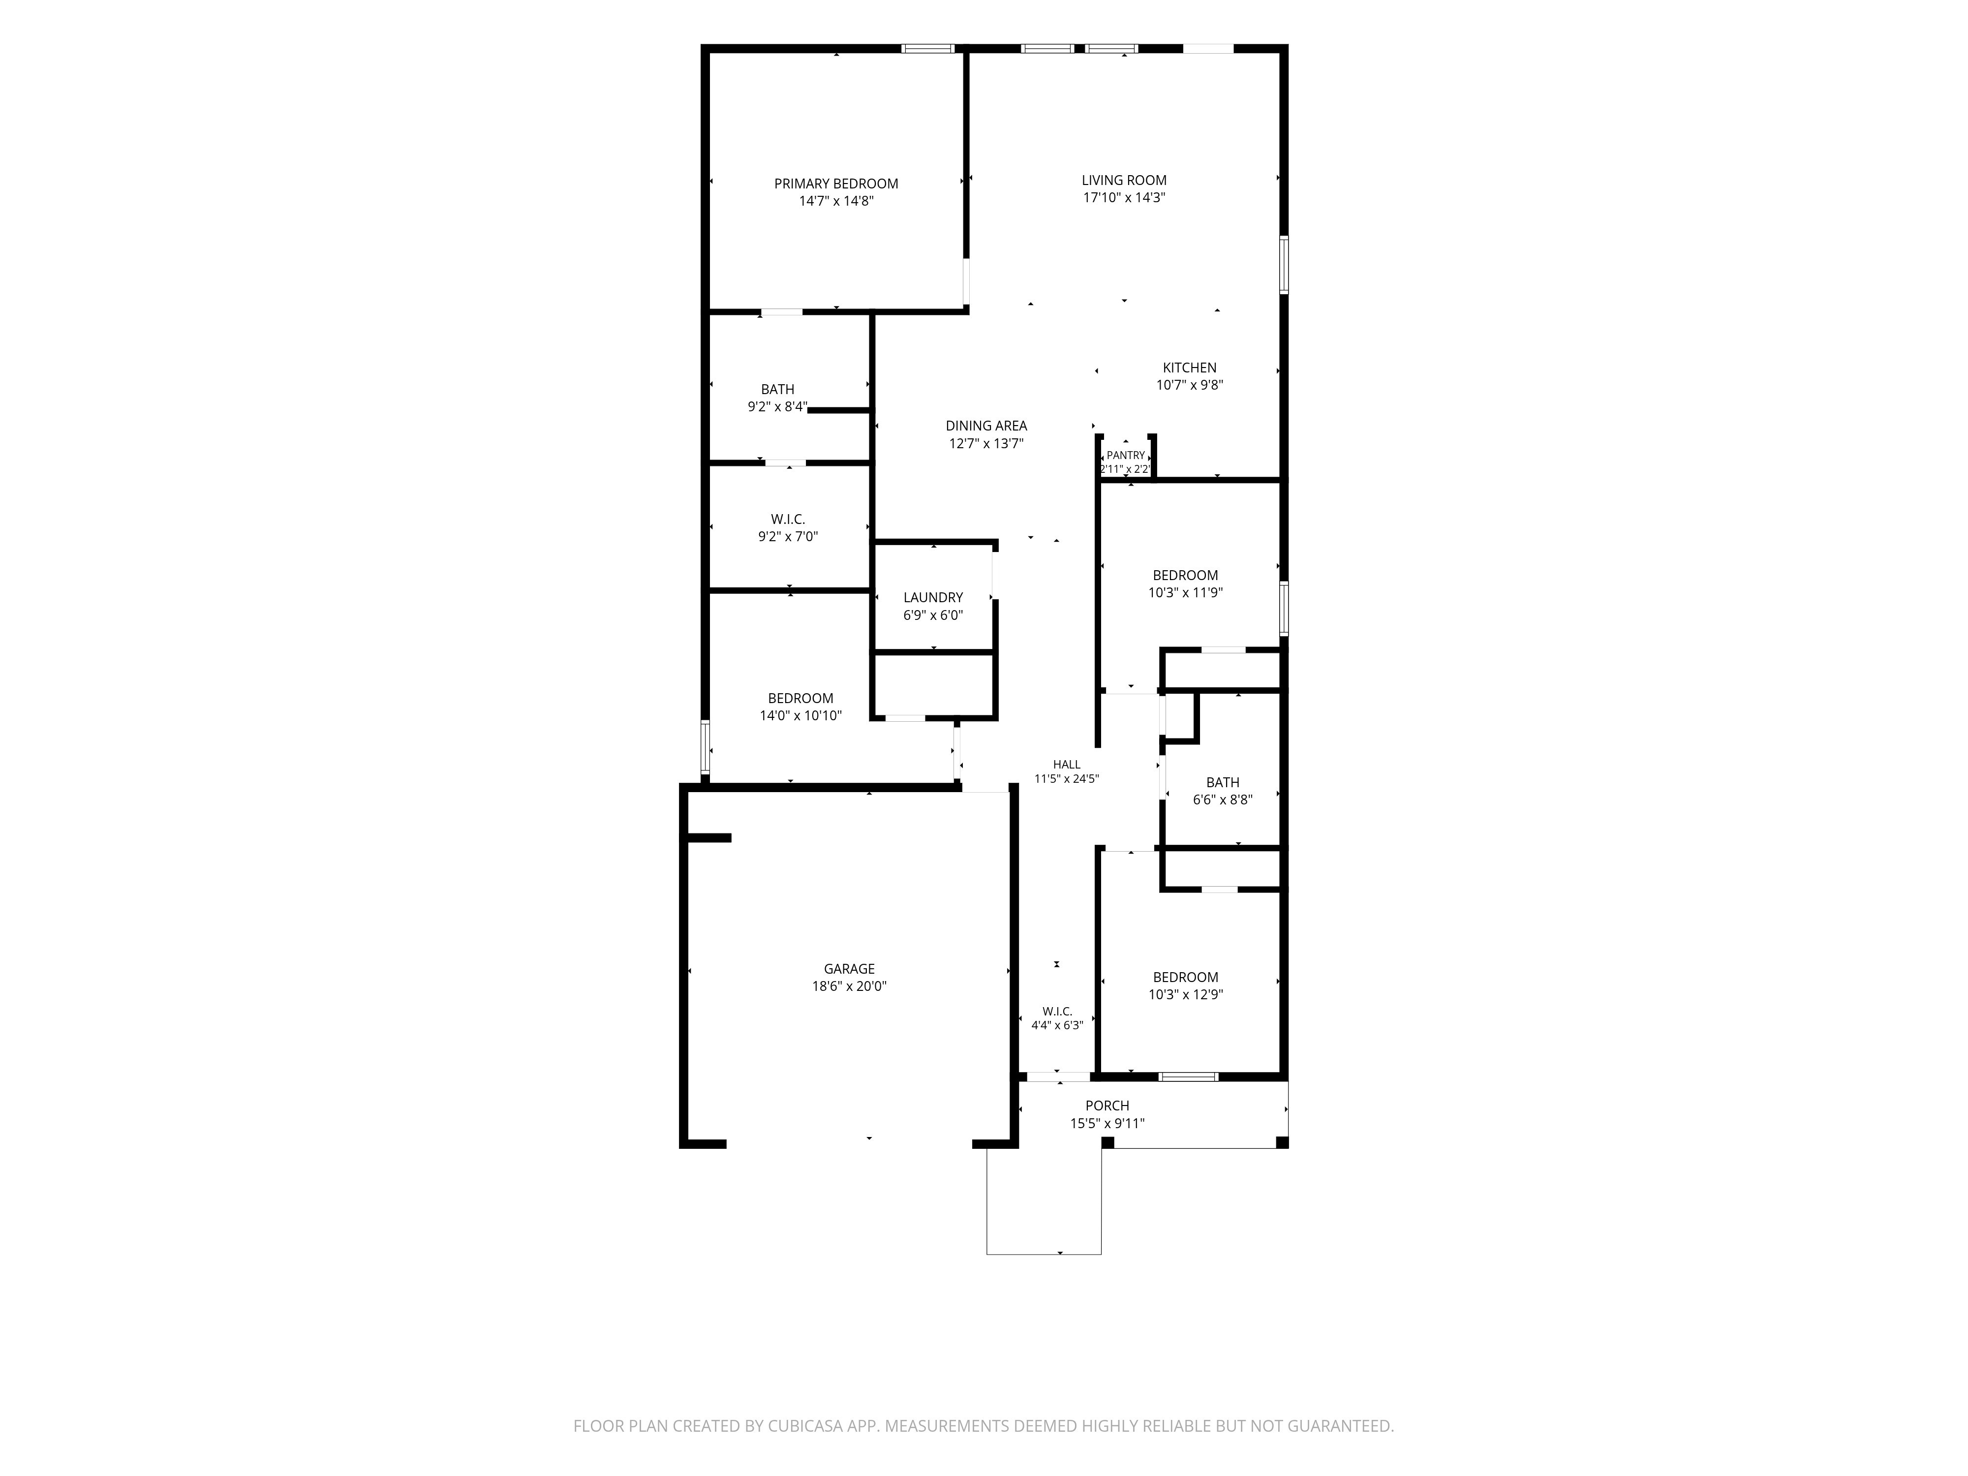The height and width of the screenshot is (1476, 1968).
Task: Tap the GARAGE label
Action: (x=849, y=969)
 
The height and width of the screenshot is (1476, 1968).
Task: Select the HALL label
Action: (x=1067, y=764)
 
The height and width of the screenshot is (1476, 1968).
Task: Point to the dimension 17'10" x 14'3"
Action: (x=1124, y=197)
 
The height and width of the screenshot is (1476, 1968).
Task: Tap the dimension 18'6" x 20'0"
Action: (x=849, y=986)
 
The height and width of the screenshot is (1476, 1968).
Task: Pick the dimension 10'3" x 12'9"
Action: (x=1185, y=995)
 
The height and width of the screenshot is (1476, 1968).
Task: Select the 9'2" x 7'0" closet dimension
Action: (x=787, y=536)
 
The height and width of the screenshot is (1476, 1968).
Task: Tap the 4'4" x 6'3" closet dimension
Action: (x=1057, y=1025)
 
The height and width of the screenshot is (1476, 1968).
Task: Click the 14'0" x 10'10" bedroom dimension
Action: (x=800, y=715)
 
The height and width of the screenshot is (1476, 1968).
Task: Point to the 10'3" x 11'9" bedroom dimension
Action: (x=1185, y=592)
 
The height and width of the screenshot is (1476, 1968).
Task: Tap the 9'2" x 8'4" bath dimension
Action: (x=777, y=406)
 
